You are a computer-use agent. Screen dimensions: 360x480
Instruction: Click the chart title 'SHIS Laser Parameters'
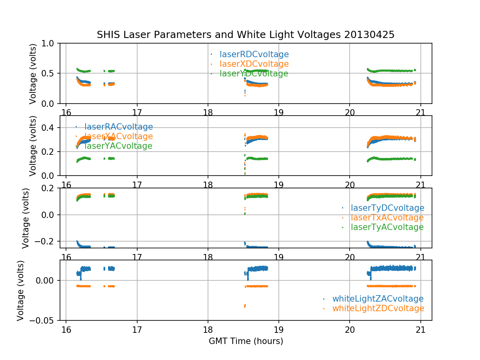point(246,35)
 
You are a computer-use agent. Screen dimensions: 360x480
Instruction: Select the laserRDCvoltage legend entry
point(254,54)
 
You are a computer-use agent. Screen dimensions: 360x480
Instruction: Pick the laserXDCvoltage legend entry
point(254,64)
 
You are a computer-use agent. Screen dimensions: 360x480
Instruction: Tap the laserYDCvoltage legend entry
point(254,74)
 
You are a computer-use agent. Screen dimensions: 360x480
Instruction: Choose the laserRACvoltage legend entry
point(118,127)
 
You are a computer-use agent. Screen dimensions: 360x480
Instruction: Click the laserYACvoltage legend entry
point(118,146)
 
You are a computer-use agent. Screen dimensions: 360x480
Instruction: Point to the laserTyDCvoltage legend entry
point(387,208)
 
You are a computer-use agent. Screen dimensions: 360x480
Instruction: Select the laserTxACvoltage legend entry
point(387,218)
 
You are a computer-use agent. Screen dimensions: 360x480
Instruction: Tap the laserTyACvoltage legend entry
point(387,227)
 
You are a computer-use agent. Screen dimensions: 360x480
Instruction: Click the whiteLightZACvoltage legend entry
point(378,299)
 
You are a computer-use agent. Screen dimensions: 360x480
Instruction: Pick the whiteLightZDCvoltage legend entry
point(378,308)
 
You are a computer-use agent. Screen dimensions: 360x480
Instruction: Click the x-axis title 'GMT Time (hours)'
point(246,341)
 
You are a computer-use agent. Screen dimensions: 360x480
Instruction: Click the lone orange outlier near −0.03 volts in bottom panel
point(245,306)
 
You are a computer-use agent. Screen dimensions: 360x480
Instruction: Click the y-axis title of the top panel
point(33,74)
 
